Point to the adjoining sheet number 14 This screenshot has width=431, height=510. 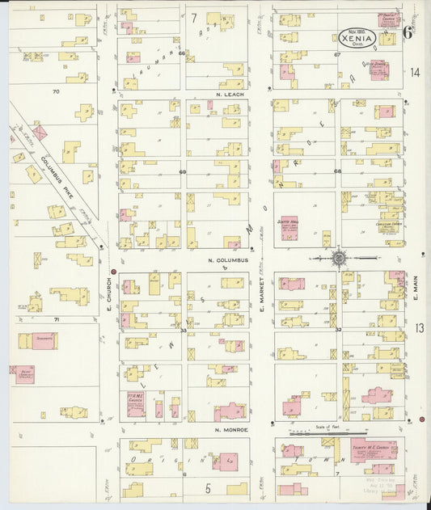[x=415, y=73]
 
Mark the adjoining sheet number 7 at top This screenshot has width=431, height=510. [x=194, y=17]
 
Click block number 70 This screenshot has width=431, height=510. [x=55, y=92]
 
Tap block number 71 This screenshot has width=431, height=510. [x=57, y=320]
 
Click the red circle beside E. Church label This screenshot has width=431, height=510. [x=113, y=272]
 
